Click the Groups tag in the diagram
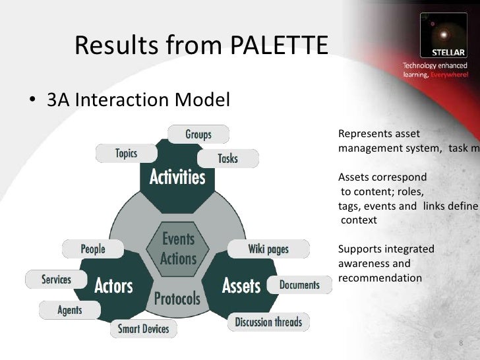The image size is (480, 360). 198,135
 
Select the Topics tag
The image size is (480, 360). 126,154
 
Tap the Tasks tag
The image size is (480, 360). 227,158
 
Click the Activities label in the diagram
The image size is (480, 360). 176,177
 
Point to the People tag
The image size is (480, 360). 93,249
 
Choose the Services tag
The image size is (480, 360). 56,280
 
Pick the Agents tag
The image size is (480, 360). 70,309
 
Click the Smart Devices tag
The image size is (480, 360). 143,328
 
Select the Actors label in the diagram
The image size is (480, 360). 113,286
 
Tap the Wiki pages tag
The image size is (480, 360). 268,249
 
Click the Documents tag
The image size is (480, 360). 299,285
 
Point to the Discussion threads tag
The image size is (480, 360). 268,322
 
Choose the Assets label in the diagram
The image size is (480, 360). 241,285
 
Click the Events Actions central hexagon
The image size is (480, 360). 177,247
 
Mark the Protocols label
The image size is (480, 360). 177,299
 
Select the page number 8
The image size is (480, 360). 460,344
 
